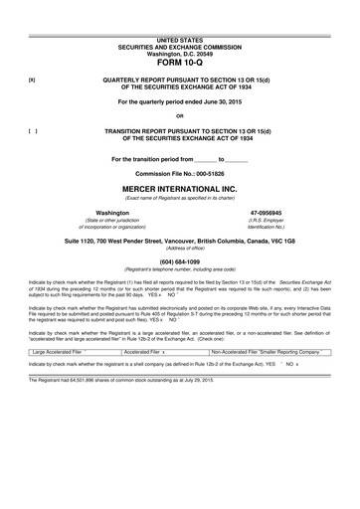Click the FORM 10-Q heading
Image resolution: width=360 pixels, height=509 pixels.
click(179, 62)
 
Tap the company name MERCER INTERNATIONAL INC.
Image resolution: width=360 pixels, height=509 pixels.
click(179, 186)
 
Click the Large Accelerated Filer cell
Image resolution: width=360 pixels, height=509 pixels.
click(60, 352)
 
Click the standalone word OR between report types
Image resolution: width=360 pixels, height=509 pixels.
click(179, 115)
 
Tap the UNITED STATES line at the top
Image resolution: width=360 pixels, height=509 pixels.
click(179, 38)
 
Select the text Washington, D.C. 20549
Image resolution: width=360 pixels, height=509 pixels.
click(179, 51)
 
